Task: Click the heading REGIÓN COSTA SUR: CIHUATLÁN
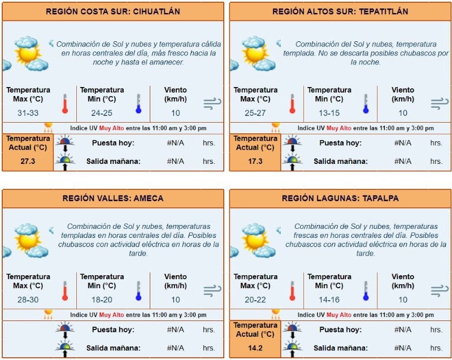[x=112, y=11]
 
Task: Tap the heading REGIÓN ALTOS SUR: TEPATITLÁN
[x=340, y=11]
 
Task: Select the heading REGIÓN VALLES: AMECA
[x=112, y=198]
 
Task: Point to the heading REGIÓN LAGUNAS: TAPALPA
[x=340, y=198]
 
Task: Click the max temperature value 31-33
[x=28, y=113]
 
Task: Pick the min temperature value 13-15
[x=329, y=113]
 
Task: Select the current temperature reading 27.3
[x=28, y=161]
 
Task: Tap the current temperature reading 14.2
[x=255, y=348]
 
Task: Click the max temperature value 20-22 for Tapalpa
[x=255, y=300]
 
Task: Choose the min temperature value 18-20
[x=102, y=300]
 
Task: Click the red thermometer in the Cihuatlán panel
[x=64, y=104]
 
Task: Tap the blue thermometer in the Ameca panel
[x=138, y=290]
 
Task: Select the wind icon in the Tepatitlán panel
[x=438, y=103]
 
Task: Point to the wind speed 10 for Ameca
[x=176, y=300]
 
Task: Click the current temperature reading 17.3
[x=255, y=161]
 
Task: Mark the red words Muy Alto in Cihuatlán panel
[x=111, y=128]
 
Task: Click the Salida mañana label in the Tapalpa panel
[x=340, y=348]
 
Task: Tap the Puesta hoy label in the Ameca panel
[x=113, y=329]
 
